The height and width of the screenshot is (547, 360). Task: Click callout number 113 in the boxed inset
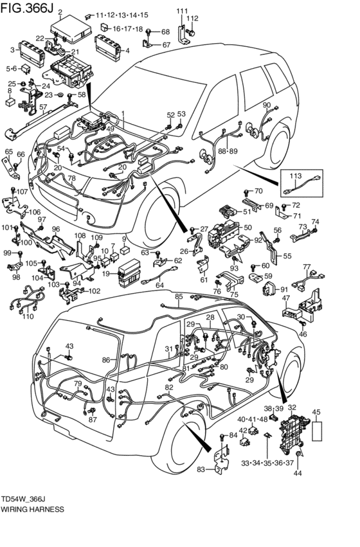[295, 175]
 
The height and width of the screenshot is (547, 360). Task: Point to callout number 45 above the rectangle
[316, 412]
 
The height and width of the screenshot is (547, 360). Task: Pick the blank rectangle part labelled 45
[316, 429]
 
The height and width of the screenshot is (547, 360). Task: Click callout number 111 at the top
[183, 11]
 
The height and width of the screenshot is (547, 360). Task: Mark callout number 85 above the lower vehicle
[179, 296]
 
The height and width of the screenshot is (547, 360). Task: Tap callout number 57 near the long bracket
[43, 107]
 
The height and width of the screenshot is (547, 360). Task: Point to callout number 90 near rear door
[266, 105]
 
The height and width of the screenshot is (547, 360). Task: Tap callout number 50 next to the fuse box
[248, 227]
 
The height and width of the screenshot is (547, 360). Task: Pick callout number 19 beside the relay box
[105, 274]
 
